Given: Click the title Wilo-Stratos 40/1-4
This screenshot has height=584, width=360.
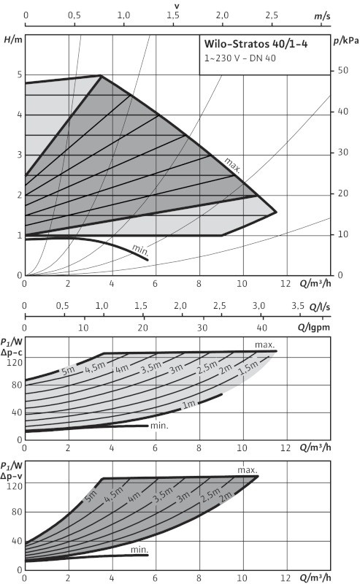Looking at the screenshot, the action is [256, 44].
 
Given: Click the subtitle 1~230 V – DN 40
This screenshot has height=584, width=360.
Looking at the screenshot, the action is [240, 58].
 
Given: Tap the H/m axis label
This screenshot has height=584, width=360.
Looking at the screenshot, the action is [13, 39].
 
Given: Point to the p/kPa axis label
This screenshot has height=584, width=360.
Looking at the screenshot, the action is [346, 41].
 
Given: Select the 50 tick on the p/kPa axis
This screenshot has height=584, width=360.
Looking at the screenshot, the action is [343, 70].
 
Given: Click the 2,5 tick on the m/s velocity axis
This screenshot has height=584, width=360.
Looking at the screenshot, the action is [272, 15].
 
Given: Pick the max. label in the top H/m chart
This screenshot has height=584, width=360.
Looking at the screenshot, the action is [232, 166].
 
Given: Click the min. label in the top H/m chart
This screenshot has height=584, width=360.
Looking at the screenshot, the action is [140, 250].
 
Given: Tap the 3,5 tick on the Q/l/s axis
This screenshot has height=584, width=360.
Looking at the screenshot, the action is [298, 306].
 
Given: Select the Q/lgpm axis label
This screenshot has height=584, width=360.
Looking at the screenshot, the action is [314, 327].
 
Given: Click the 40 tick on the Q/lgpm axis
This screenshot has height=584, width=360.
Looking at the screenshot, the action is [262, 328].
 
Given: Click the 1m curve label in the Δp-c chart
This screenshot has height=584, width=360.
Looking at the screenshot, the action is [189, 404].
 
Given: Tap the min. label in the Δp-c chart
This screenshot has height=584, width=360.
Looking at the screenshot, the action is [159, 426].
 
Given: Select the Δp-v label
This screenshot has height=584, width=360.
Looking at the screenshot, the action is [12, 477].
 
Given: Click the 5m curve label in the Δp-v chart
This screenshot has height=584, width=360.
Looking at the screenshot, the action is [91, 496].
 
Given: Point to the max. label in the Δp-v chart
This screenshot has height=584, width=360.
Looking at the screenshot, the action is [248, 470].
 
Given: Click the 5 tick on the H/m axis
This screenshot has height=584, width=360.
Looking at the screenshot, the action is [20, 74].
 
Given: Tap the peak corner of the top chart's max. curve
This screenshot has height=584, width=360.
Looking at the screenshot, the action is [101, 76].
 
